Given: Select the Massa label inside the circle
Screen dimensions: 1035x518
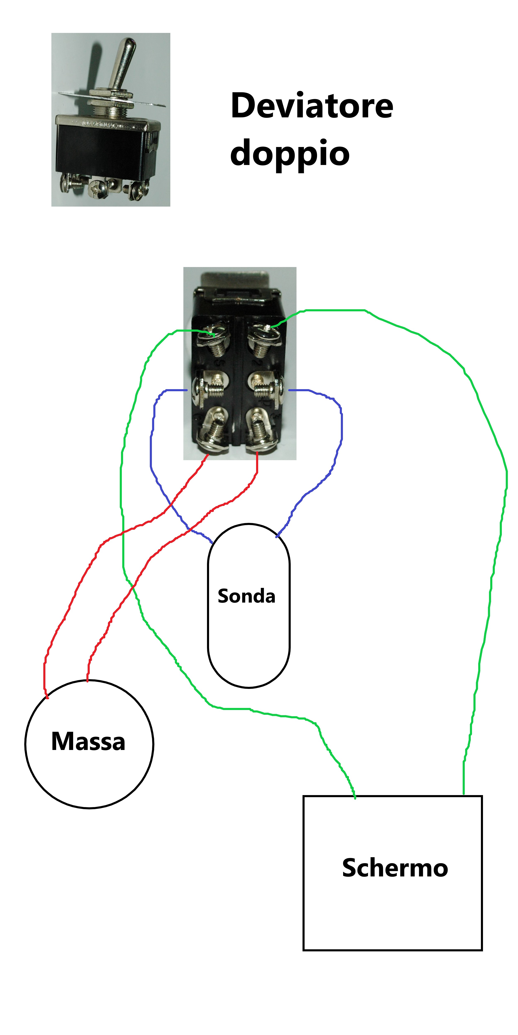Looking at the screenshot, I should (x=88, y=741).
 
